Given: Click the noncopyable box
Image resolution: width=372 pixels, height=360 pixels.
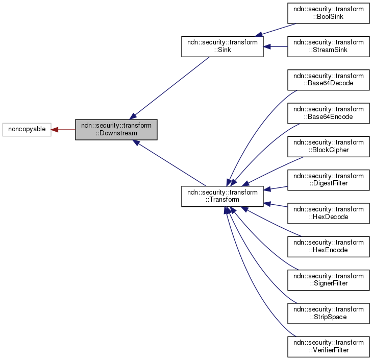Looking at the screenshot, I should coord(27,130).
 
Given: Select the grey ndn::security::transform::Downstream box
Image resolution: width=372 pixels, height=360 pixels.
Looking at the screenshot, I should coord(116,130).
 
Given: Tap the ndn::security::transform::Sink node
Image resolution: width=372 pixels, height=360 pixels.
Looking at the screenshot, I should coord(222,46).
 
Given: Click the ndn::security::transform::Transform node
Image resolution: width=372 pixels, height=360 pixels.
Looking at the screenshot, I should coord(222,197).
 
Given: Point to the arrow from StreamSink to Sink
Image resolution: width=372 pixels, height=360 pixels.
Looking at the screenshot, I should coord(276,46).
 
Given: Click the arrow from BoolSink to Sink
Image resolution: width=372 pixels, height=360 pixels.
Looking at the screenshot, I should coord(276,30).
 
